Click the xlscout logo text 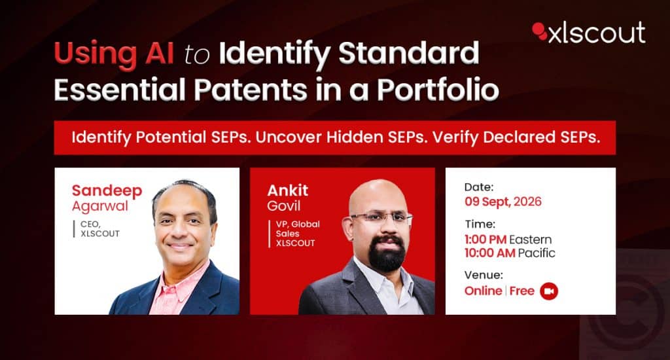pyautogui.click(x=597, y=33)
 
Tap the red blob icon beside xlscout pyautogui.click(x=540, y=31)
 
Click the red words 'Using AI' pyautogui.click(x=114, y=54)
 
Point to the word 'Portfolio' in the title pyautogui.click(x=438, y=89)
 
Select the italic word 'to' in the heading pyautogui.click(x=197, y=56)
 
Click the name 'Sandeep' pyautogui.click(x=107, y=190)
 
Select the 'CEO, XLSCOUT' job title pyautogui.click(x=100, y=228)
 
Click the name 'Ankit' pyautogui.click(x=288, y=190)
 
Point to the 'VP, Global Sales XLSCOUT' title pyautogui.click(x=298, y=234)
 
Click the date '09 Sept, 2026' pyautogui.click(x=503, y=202)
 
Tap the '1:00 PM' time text pyautogui.click(x=485, y=240)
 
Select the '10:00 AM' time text pyautogui.click(x=489, y=253)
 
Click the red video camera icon pyautogui.click(x=549, y=291)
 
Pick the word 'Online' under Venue pyautogui.click(x=484, y=291)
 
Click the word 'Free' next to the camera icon pyautogui.click(x=521, y=291)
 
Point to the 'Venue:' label pyautogui.click(x=484, y=275)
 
